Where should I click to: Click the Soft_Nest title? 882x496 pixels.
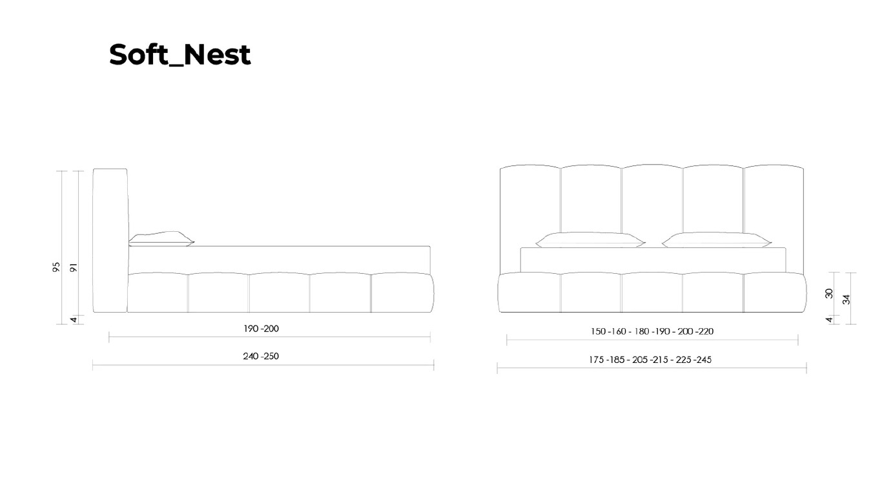point(179,55)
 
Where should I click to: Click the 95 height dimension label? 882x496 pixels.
point(56,267)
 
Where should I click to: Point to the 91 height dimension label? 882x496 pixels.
point(74,267)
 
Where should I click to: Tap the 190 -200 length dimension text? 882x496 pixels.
point(261,329)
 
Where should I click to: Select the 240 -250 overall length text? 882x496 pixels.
point(261,356)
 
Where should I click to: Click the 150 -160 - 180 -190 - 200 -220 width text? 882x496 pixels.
point(652,331)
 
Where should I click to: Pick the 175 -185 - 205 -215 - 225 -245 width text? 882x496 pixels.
point(650,360)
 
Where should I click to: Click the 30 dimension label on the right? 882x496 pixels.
point(829,293)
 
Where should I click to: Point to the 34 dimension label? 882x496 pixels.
point(846,300)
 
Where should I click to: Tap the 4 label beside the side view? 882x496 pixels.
point(74,320)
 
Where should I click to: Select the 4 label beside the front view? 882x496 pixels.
point(829,320)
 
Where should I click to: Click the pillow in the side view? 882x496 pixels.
point(161,239)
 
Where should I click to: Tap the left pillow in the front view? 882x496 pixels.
point(590,240)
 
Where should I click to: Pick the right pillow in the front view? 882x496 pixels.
point(717,240)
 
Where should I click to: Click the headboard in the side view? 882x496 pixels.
point(110,240)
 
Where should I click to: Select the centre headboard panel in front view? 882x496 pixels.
point(652,199)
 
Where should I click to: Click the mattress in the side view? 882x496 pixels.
point(280,260)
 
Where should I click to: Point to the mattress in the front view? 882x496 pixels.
point(653,260)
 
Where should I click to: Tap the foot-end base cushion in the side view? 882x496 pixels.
point(402,293)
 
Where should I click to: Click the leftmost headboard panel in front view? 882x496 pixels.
point(530,219)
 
